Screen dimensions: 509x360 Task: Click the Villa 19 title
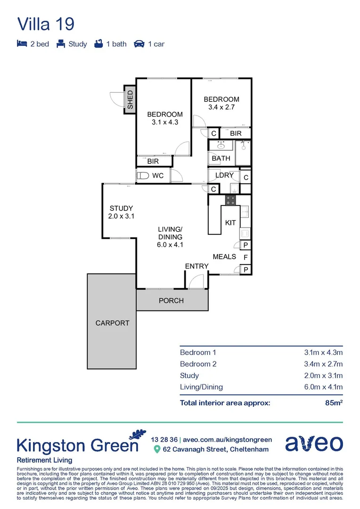[46, 24]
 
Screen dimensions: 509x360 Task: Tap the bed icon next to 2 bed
[22, 44]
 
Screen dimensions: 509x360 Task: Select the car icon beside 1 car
[139, 44]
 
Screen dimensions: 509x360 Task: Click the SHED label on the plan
[130, 100]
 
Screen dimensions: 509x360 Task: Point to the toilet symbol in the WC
[142, 176]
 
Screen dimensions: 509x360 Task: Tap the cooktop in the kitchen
[230, 200]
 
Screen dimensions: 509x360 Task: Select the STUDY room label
[121, 208]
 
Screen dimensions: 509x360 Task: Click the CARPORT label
[112, 323]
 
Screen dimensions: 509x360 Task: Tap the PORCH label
[171, 301]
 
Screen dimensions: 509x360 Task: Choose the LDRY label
[224, 175]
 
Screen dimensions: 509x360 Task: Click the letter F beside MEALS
[245, 257]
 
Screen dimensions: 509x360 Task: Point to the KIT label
[230, 222]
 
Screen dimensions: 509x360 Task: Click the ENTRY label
[196, 266]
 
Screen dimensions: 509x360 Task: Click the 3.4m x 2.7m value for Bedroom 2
[323, 364]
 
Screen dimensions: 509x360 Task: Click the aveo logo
[314, 443]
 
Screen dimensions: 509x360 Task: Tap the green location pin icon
[157, 450]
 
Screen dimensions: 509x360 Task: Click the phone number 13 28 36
[164, 439]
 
